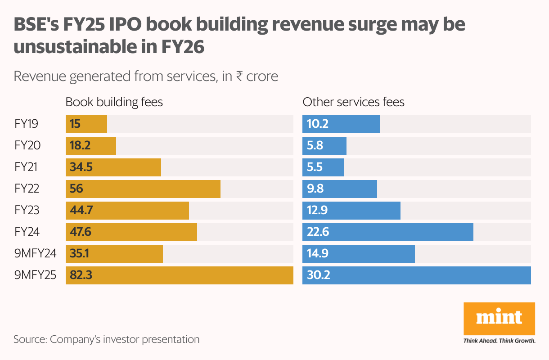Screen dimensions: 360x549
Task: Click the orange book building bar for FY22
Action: tap(143, 189)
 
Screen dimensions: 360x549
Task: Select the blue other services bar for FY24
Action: tap(387, 232)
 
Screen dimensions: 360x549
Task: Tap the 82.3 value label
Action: tap(81, 275)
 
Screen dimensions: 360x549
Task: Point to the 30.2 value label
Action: tap(318, 275)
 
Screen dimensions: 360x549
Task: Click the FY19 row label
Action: tap(27, 124)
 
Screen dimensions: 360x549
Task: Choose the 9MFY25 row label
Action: tap(35, 275)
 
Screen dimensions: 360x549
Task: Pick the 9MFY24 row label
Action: tap(35, 253)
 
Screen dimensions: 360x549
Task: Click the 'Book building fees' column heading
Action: tap(114, 102)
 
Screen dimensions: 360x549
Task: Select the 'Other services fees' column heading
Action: tap(353, 102)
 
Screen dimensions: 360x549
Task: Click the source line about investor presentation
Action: tap(106, 339)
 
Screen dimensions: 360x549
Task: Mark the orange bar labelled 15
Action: tap(86, 124)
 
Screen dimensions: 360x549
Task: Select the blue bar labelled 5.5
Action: tap(323, 167)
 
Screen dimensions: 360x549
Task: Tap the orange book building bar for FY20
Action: tap(91, 145)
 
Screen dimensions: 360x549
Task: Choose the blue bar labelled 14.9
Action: tap(358, 253)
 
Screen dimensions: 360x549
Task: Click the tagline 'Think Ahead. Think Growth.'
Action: tap(499, 341)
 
